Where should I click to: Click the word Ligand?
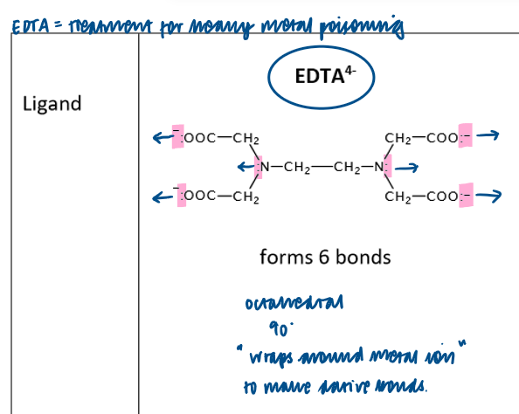[52, 104]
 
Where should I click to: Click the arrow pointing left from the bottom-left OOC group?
[162, 197]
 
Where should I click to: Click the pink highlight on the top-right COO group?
[465, 136]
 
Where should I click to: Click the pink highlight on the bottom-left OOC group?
[182, 196]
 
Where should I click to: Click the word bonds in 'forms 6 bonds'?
[359, 257]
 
